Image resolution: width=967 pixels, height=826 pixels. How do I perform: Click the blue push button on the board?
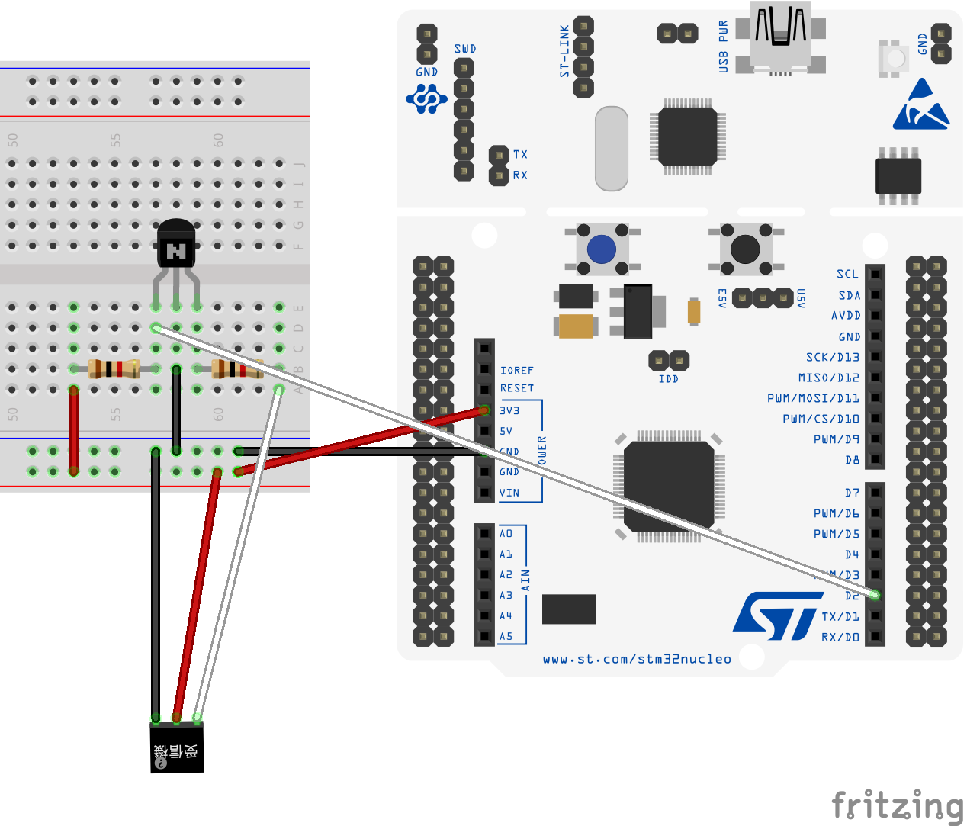pyautogui.click(x=601, y=249)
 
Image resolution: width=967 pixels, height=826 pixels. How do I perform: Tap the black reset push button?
pyautogui.click(x=744, y=249)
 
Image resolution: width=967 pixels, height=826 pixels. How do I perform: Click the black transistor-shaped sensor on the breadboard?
pyautogui.click(x=176, y=244)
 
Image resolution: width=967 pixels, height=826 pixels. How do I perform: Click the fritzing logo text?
pyautogui.click(x=897, y=807)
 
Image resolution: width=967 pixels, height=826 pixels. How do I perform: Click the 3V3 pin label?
pyautogui.click(x=509, y=410)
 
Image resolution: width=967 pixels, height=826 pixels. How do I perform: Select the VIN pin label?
pyautogui.click(x=509, y=493)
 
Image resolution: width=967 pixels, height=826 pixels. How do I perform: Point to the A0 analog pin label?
pyautogui.click(x=506, y=533)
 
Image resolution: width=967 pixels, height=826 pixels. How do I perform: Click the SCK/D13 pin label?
pyautogui.click(x=832, y=357)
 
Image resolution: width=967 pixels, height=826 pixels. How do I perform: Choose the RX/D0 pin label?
pyautogui.click(x=840, y=637)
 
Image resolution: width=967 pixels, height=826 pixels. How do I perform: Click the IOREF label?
pyautogui.click(x=516, y=371)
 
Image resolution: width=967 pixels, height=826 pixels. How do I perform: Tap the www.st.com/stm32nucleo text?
pyautogui.click(x=637, y=659)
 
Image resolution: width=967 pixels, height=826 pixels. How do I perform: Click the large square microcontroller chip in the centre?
pyautogui.click(x=668, y=486)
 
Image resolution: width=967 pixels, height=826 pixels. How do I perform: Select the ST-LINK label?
pyautogui.click(x=564, y=51)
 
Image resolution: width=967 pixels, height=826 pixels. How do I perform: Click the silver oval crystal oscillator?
pyautogui.click(x=611, y=149)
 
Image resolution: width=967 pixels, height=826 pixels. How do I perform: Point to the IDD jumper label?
pyautogui.click(x=668, y=379)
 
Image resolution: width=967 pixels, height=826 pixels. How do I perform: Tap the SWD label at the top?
pyautogui.click(x=464, y=49)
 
